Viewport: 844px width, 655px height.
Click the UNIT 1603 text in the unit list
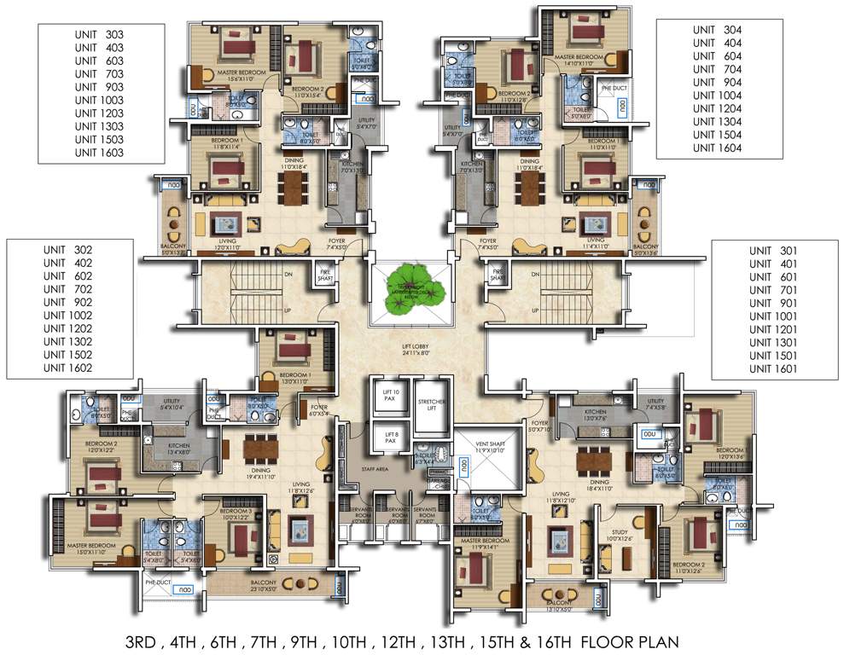point(99,153)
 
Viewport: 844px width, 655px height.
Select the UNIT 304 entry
point(718,29)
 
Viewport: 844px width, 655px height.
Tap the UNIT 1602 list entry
point(68,368)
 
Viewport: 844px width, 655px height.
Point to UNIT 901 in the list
point(772,303)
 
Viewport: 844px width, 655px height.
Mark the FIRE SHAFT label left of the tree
point(325,274)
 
